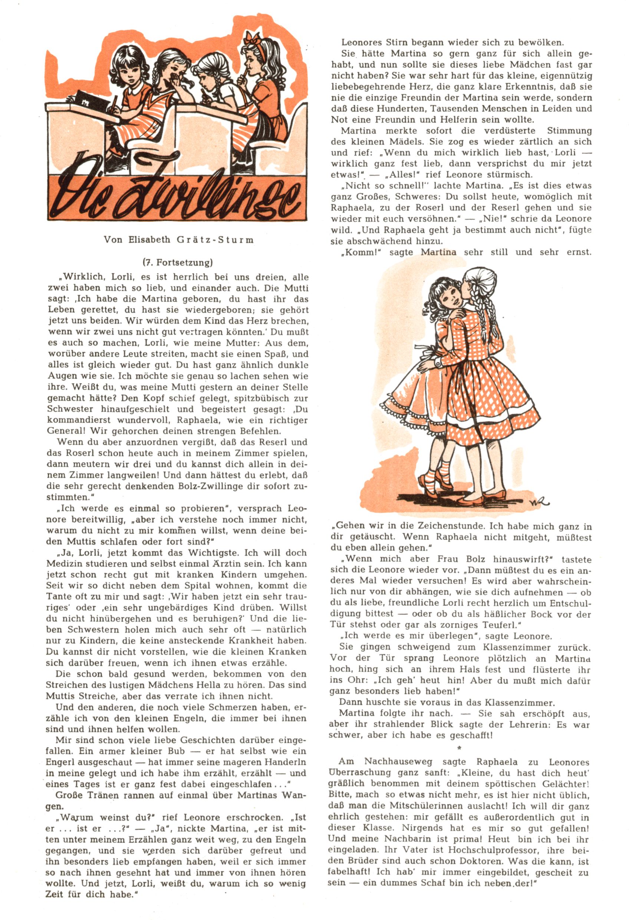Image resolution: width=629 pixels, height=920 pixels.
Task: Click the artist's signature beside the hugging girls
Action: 539,502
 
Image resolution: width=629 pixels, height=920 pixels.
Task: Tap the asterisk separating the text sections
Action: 459,748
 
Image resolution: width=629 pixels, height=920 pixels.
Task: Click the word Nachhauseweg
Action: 398,762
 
